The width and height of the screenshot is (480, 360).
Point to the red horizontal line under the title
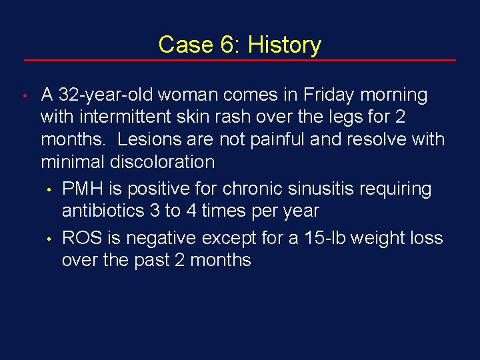[240, 61]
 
